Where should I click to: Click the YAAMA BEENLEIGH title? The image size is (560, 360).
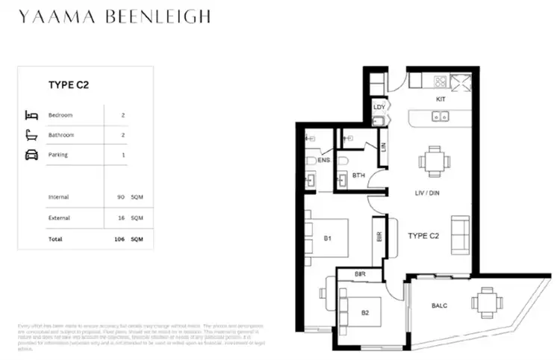[115, 16]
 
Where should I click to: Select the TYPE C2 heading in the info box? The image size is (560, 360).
[69, 85]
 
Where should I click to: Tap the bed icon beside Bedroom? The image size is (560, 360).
[31, 115]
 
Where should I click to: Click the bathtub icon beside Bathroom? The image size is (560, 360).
[31, 135]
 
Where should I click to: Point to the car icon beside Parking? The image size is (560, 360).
[31, 155]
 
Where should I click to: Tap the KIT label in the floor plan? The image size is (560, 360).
[441, 99]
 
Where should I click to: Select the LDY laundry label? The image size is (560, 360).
[379, 107]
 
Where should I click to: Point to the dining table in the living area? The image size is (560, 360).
[434, 160]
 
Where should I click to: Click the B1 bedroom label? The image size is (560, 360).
[327, 239]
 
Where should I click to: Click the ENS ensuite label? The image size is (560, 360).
[323, 160]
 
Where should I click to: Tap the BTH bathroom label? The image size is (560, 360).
[358, 176]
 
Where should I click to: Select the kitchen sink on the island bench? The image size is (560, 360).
[441, 117]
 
